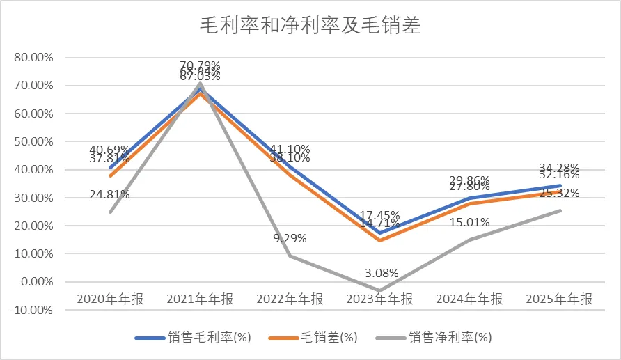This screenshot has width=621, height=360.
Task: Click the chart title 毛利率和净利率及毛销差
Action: pyautogui.click(x=310, y=26)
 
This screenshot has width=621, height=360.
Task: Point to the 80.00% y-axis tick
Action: pyautogui.click(x=33, y=57)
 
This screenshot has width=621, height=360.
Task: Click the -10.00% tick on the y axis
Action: pyautogui.click(x=32, y=310)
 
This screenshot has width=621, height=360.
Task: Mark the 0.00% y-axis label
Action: pyautogui.click(x=36, y=282)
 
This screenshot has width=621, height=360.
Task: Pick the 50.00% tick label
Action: pyautogui.click(x=33, y=141)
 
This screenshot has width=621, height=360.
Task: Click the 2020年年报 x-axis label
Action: pyautogui.click(x=110, y=299)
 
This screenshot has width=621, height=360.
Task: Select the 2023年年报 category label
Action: pyautogui.click(x=379, y=299)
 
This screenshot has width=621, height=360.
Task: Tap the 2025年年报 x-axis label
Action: pyautogui.click(x=559, y=299)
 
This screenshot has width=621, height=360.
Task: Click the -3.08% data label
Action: pyautogui.click(x=379, y=271)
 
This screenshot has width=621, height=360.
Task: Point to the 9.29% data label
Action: pyautogui.click(x=290, y=238)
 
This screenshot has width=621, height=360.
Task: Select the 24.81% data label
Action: pyautogui.click(x=110, y=194)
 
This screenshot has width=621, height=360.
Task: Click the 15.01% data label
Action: pyautogui.click(x=469, y=223)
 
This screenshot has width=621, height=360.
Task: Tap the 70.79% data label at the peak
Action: pyautogui.click(x=200, y=66)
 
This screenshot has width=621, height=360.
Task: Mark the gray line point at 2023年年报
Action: pyautogui.click(x=379, y=290)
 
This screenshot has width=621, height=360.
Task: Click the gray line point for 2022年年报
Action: pyautogui.click(x=290, y=256)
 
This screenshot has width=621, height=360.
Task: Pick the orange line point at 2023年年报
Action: pyautogui.click(x=379, y=240)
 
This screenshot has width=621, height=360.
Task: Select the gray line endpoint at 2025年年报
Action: pyautogui.click(x=559, y=210)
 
